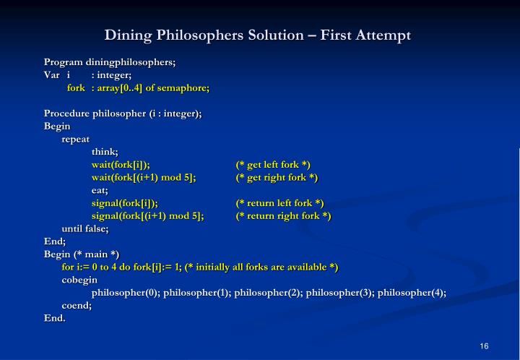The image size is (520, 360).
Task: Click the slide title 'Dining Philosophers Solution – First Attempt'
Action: point(258,35)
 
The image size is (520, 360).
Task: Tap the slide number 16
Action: point(484,346)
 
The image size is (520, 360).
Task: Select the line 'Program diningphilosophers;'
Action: point(110,62)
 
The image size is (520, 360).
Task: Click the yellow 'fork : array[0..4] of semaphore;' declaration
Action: point(138,87)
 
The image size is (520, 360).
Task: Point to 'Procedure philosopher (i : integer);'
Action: point(123,113)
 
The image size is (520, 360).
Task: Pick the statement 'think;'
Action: point(105,152)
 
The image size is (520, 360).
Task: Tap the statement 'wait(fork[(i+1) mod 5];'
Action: point(144,178)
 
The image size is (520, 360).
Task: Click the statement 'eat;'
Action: point(100,190)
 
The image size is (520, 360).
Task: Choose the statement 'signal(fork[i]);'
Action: point(124,203)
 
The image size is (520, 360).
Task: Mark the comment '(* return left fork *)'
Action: point(279,203)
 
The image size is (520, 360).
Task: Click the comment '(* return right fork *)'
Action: point(283,216)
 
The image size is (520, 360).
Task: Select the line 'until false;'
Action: point(85,228)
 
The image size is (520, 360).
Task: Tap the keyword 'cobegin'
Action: point(79,280)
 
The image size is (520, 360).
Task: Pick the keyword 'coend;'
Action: point(77,306)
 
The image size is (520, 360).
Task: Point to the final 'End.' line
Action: point(55,318)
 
